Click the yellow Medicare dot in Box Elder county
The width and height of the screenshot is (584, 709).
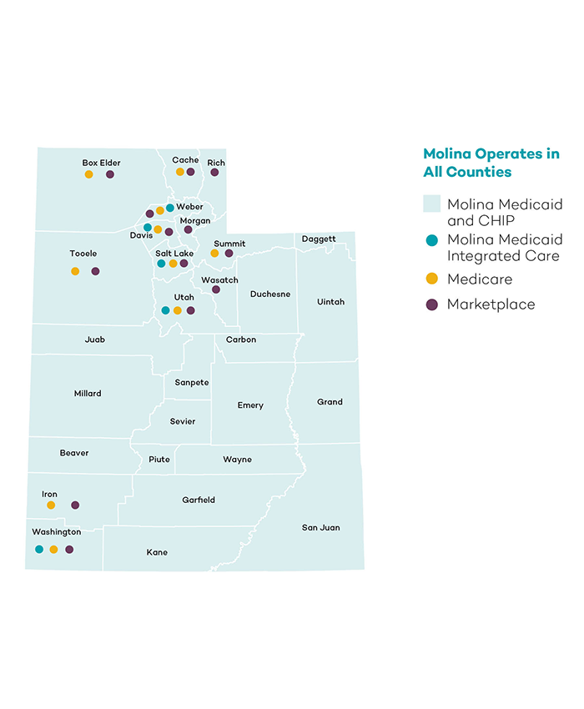tap(88, 174)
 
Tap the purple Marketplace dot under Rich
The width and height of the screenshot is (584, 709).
tap(214, 172)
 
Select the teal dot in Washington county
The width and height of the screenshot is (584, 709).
tap(39, 549)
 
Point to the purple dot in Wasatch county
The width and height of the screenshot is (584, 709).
tap(216, 289)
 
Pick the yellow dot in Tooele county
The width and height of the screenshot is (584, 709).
tap(75, 271)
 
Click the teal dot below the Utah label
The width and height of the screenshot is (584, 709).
tap(165, 310)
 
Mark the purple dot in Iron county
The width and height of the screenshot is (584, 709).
tap(75, 505)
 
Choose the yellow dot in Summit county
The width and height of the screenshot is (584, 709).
tap(214, 253)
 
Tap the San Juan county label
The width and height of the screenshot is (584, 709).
tap(320, 527)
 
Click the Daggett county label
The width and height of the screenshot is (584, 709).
tap(319, 239)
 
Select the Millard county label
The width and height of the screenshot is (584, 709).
tap(88, 393)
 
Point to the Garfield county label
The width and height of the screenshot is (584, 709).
tap(199, 500)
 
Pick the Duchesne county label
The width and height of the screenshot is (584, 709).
tap(270, 294)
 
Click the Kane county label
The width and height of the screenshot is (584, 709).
tap(157, 552)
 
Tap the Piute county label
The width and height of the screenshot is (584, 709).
tap(159, 459)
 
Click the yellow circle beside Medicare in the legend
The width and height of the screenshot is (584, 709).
tap(431, 279)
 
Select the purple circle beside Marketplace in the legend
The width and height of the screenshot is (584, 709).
tap(431, 304)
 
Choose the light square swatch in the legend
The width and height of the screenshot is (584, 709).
tap(431, 204)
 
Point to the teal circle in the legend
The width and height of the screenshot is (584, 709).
tap(431, 240)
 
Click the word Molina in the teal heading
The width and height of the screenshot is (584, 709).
tap(448, 153)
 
